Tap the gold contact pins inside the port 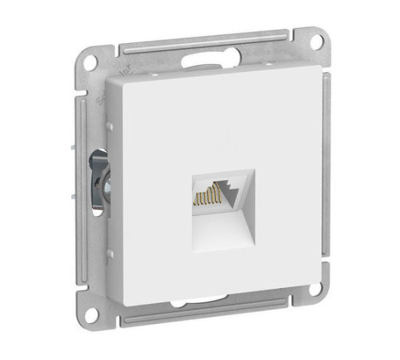pyautogui.click(x=206, y=196)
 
